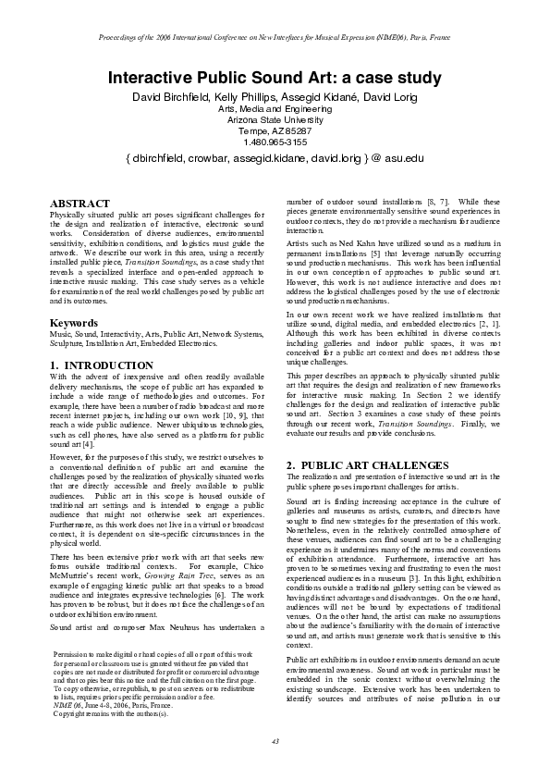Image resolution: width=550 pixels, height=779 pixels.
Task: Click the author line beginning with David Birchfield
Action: pyautogui.click(x=275, y=96)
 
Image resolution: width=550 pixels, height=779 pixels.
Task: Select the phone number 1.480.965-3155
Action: pyautogui.click(x=275, y=142)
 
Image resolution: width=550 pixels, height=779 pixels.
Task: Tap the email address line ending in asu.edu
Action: pyautogui.click(x=275, y=159)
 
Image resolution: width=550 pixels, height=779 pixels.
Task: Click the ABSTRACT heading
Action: pyautogui.click(x=79, y=203)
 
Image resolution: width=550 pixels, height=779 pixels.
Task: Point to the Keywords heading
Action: pyautogui.click(x=74, y=323)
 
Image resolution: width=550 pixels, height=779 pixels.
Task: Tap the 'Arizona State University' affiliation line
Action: pyautogui.click(x=275, y=119)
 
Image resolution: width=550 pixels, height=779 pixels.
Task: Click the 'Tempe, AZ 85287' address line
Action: pyautogui.click(x=275, y=130)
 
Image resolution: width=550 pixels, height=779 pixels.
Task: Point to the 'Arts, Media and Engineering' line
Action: pyautogui.click(x=275, y=108)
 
